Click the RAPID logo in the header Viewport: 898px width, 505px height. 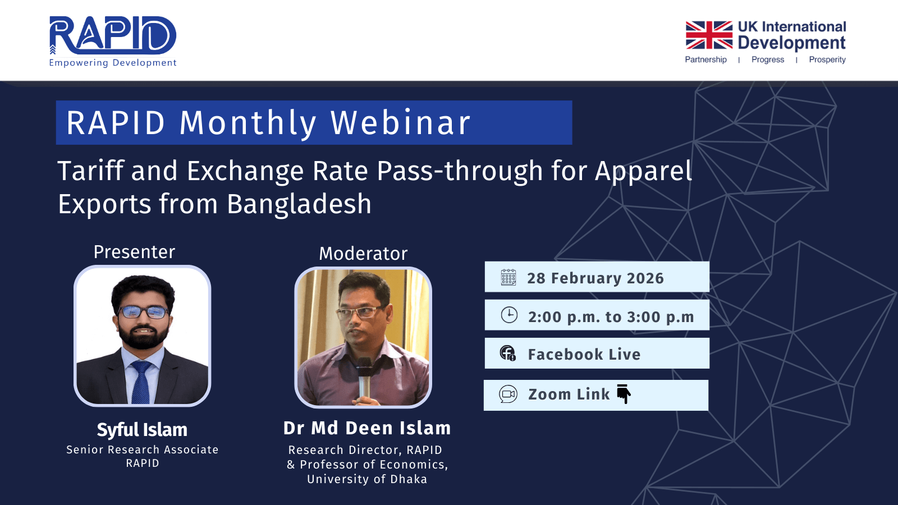113,42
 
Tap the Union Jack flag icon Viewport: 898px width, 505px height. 709,35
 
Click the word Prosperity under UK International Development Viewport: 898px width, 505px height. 827,59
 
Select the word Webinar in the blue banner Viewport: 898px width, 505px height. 400,122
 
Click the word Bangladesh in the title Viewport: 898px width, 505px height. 299,204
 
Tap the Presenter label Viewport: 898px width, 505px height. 134,252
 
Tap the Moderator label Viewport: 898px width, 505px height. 363,254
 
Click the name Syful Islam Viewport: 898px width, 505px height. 142,430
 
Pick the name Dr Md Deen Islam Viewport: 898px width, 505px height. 367,428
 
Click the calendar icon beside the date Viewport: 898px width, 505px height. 508,277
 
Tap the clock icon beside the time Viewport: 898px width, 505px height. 509,315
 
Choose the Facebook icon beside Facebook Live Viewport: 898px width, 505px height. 507,353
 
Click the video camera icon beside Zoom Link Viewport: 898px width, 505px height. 508,394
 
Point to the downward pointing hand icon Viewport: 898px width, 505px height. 624,394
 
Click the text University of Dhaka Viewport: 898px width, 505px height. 367,479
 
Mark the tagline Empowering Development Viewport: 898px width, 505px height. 113,62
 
